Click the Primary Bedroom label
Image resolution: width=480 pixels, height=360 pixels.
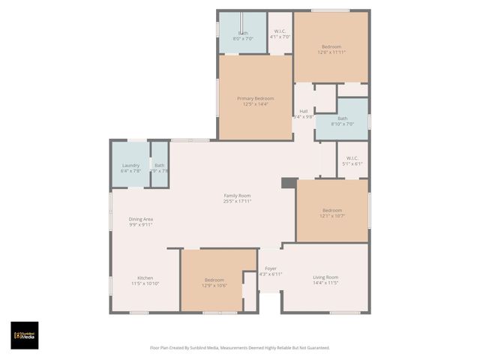[x=255, y=98]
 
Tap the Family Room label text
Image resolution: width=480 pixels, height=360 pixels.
[x=237, y=195]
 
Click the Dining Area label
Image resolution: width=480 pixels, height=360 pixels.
[x=141, y=218]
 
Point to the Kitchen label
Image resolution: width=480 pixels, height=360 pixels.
[x=145, y=277]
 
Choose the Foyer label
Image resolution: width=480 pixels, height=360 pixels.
[x=270, y=268]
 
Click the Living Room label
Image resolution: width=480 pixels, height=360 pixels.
[x=325, y=277]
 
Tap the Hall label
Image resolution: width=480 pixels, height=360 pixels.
[x=304, y=111]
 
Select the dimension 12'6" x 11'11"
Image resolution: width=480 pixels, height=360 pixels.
[x=331, y=52]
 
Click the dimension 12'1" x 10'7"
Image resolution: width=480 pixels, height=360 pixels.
[x=332, y=216]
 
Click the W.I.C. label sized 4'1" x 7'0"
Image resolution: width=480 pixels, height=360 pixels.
[x=280, y=37]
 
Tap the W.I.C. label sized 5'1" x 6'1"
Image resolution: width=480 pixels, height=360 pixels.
[x=352, y=163]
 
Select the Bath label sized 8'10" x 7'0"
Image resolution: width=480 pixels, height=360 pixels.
[x=342, y=124]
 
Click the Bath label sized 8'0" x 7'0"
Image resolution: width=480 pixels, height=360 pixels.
[x=243, y=37]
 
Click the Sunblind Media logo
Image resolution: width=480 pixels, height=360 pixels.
[x=25, y=335]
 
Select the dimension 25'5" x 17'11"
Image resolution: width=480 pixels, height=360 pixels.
[x=237, y=201]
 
